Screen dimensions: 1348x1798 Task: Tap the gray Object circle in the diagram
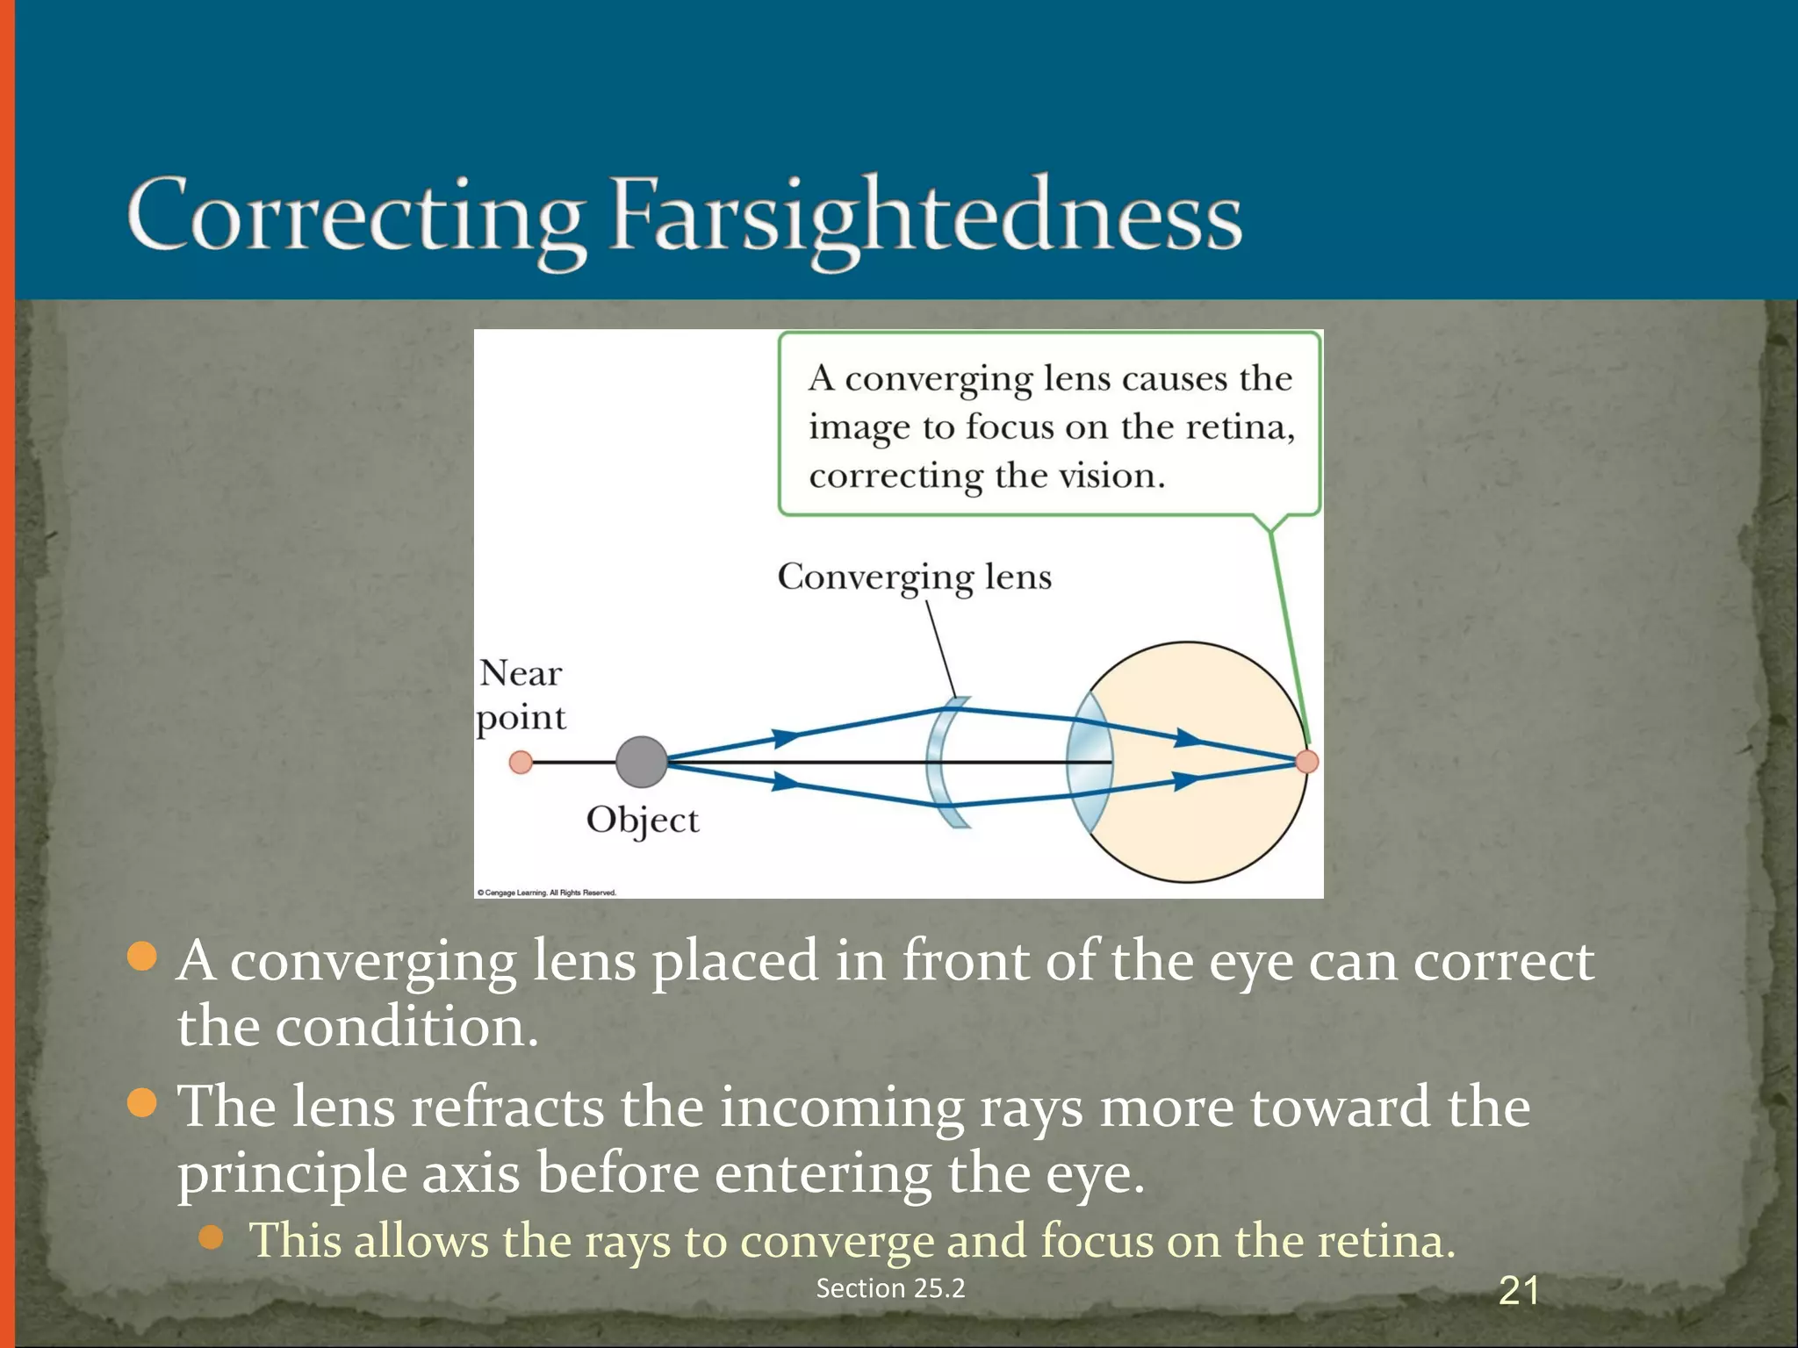641,762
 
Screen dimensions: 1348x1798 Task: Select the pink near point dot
521,762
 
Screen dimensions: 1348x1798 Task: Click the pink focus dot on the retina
1306,762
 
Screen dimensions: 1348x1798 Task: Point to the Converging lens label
914,577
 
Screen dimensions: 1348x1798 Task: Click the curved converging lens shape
944,762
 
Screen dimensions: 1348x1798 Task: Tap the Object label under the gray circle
642,821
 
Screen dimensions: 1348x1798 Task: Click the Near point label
521,695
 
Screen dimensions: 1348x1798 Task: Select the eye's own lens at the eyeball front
1087,762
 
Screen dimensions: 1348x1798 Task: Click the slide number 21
1518,1291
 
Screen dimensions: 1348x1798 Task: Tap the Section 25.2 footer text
890,1288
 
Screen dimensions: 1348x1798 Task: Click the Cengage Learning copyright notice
546,893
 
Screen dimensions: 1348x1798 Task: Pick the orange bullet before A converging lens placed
141,957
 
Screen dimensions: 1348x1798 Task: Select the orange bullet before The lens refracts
141,1102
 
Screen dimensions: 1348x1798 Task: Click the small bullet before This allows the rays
211,1237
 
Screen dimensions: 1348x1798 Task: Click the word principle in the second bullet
291,1174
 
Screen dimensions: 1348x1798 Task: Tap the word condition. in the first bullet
406,1027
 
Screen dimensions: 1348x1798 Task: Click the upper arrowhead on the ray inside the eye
1189,738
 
